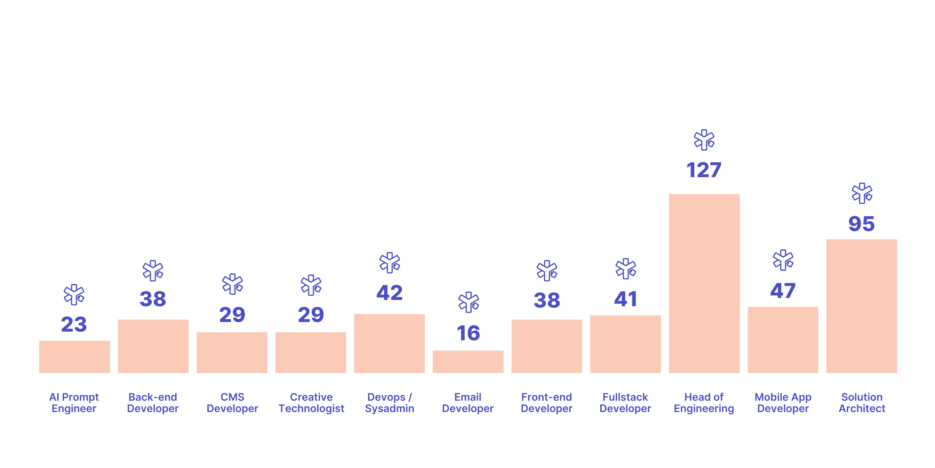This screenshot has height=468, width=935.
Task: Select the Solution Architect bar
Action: (x=861, y=306)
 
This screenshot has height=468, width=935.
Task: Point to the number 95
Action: (x=861, y=224)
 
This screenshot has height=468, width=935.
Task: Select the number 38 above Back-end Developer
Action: (x=153, y=299)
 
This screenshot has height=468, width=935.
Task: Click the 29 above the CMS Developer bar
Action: (x=232, y=315)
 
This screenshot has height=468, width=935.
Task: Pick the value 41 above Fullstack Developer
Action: (x=625, y=299)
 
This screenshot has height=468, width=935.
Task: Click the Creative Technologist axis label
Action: (x=311, y=403)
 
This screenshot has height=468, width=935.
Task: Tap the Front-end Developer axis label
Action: (x=546, y=403)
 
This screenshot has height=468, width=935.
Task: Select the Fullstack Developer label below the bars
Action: (x=625, y=403)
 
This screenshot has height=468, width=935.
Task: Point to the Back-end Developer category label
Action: (x=153, y=403)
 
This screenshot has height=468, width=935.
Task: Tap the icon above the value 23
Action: (x=74, y=294)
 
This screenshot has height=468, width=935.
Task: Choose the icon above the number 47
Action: (x=783, y=260)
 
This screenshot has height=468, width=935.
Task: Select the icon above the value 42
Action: (x=389, y=263)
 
